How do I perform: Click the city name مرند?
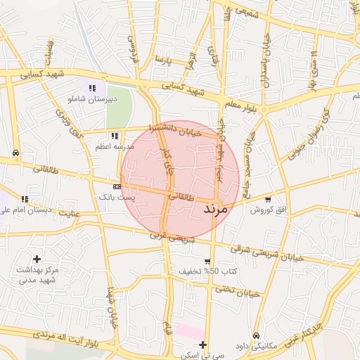pyautogui.click(x=216, y=210)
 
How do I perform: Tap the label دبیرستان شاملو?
pyautogui.click(x=91, y=99)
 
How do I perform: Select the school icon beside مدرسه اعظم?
pyautogui.click(x=114, y=136)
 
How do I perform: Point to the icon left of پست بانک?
pyautogui.click(x=116, y=186)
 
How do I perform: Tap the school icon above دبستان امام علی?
pyautogui.click(x=25, y=199)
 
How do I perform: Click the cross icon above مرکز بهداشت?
pyautogui.click(x=37, y=259)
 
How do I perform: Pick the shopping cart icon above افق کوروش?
pyautogui.click(x=268, y=199)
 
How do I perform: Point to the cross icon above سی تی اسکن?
pyautogui.click(x=202, y=345)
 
